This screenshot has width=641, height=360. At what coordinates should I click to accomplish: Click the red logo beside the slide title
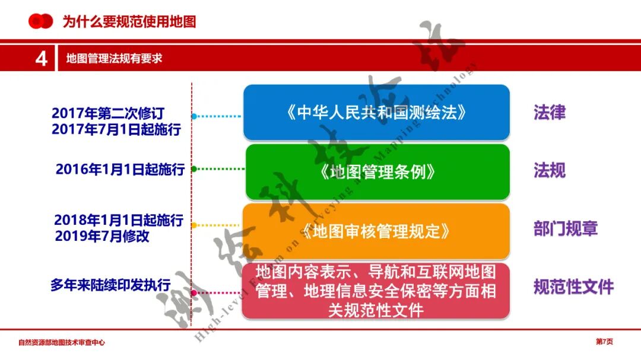[40, 21]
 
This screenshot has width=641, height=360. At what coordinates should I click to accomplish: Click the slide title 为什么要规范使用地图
[129, 22]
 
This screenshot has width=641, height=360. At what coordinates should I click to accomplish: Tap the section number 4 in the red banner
[42, 59]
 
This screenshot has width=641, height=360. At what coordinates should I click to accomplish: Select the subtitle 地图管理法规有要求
[114, 59]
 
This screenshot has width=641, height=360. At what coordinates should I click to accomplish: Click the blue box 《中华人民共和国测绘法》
[376, 113]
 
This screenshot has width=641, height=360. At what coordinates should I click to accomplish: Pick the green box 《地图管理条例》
[377, 172]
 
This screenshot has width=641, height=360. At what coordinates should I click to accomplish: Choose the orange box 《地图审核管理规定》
[376, 231]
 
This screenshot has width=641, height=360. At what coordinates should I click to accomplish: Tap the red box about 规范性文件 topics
[376, 291]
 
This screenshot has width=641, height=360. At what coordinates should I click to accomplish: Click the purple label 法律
[549, 113]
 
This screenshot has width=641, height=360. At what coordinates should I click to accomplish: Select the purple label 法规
[549, 171]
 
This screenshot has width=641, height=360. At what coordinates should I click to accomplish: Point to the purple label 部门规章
[565, 229]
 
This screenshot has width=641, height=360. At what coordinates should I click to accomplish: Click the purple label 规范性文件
[573, 288]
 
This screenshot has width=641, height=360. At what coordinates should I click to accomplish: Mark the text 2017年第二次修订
[107, 113]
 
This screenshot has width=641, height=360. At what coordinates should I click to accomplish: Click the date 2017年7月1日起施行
[116, 129]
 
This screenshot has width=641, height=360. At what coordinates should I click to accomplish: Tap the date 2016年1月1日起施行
[120, 169]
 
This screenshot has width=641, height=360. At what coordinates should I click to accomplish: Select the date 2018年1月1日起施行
[119, 220]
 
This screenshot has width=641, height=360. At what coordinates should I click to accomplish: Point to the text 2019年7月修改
[101, 236]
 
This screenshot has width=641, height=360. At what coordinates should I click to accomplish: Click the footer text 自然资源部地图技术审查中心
[62, 342]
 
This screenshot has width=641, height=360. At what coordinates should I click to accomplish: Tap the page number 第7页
[604, 342]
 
